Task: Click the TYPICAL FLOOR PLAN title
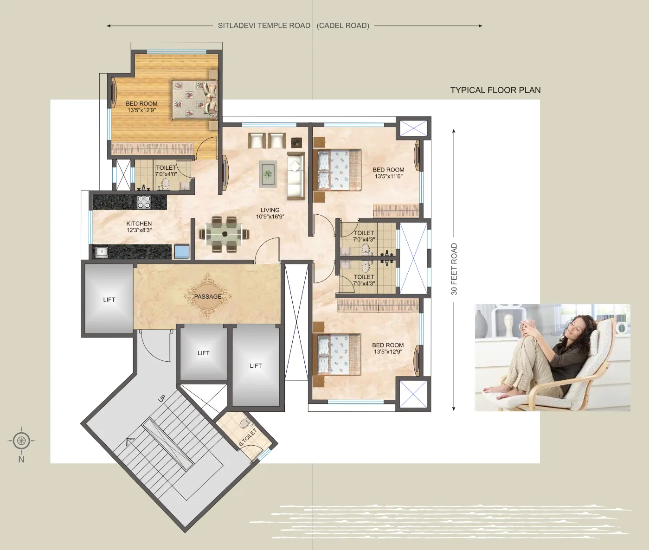pos(495,90)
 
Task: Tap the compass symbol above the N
pos(21,440)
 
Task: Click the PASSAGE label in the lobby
pos(207,296)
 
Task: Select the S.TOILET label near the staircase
pos(248,437)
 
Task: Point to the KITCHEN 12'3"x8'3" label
pos(139,227)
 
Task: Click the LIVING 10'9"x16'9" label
pos(270,213)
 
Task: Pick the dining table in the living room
pos(225,234)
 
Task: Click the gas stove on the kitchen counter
pos(144,202)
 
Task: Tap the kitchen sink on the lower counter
pos(101,252)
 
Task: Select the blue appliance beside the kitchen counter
pos(182,251)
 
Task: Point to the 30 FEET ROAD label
pos(454,269)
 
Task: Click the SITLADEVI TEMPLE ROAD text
pos(264,26)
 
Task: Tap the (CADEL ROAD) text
pos(343,26)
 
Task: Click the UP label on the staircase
pos(161,398)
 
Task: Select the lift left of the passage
pos(109,299)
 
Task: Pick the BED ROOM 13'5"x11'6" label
pos(388,173)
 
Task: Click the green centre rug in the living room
pos(268,174)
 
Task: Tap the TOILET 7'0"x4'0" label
pos(166,171)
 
